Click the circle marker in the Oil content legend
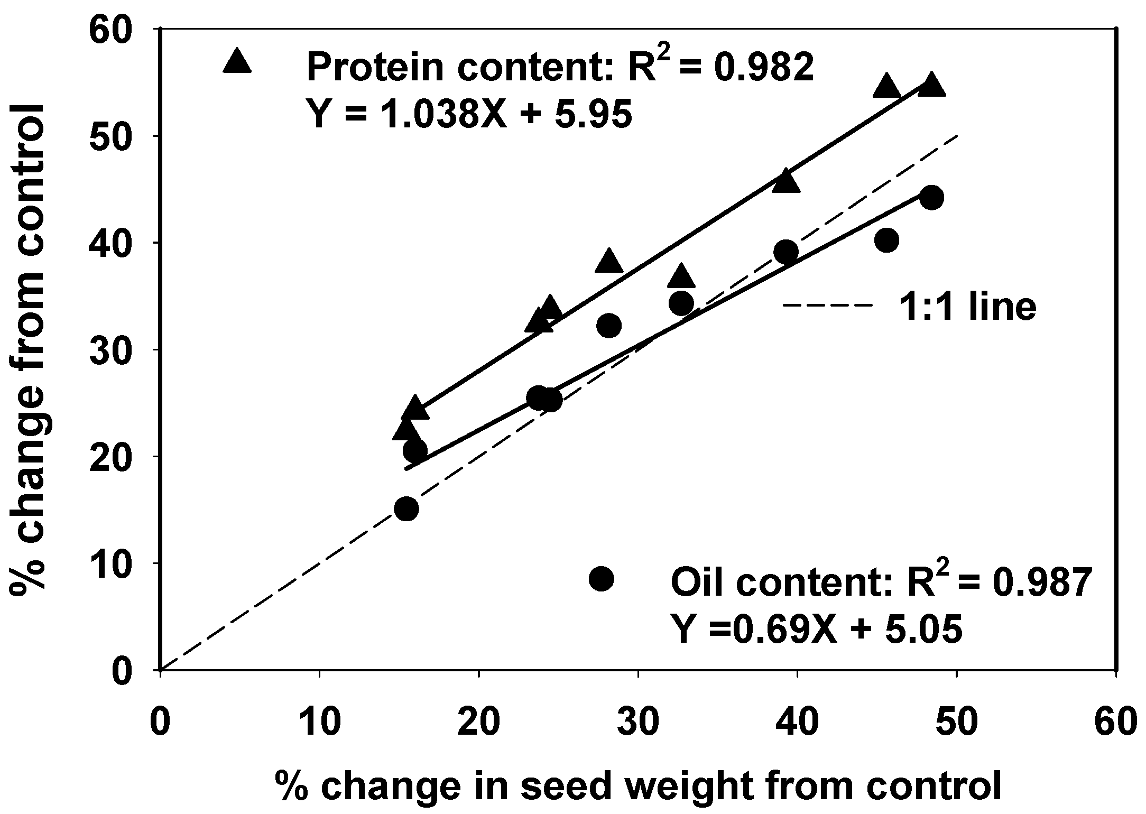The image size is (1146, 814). [x=601, y=579]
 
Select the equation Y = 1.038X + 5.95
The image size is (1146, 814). [x=469, y=114]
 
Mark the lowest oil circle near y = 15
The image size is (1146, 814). [x=406, y=508]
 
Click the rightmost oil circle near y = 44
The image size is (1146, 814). [x=931, y=198]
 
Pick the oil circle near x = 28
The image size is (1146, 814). [x=609, y=326]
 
